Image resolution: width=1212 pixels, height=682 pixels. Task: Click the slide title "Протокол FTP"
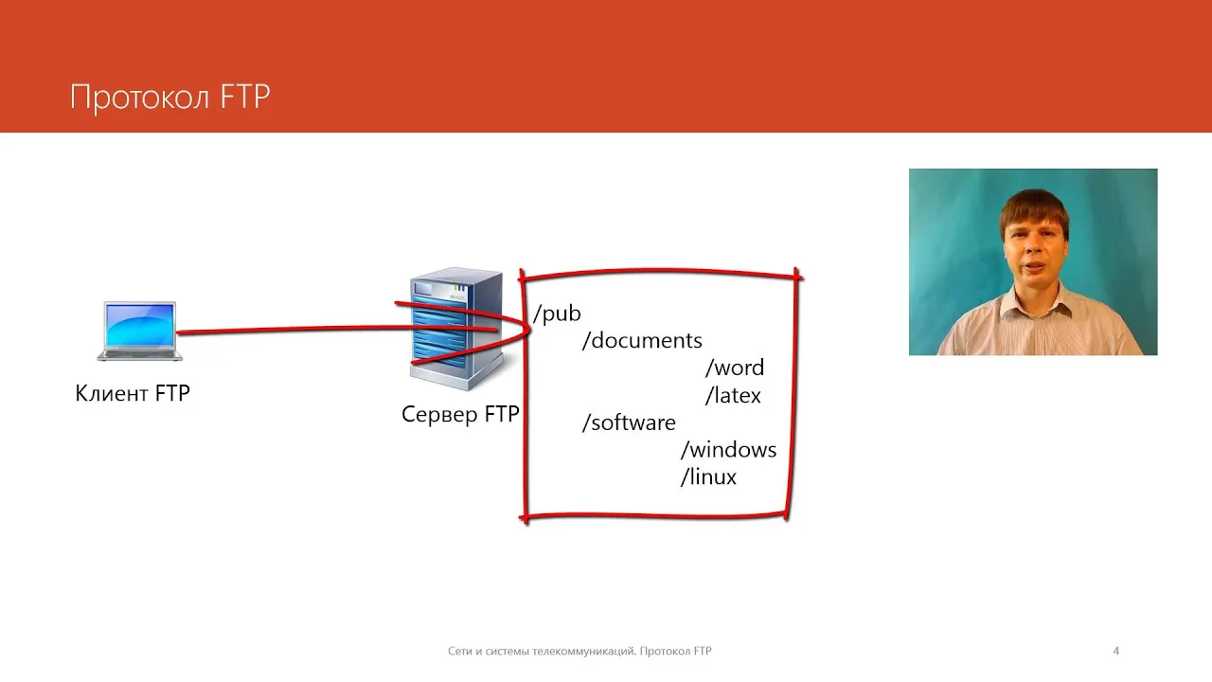click(170, 98)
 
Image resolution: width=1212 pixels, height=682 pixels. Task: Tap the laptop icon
click(140, 332)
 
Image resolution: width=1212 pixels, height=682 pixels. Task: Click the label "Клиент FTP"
click(133, 393)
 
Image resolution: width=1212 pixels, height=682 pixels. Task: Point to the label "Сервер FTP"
click(460, 415)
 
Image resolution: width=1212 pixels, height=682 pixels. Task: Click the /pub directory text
click(557, 314)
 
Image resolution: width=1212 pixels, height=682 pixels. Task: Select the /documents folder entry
click(642, 340)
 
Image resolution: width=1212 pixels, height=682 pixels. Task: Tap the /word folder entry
click(735, 368)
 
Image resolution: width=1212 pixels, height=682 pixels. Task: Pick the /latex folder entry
click(733, 395)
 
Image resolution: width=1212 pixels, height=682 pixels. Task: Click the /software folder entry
click(629, 422)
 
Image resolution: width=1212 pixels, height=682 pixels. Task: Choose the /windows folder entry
click(728, 450)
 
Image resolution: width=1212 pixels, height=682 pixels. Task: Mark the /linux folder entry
click(708, 477)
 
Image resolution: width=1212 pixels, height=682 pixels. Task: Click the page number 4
click(1116, 651)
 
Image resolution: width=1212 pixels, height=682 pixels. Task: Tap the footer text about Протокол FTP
click(579, 651)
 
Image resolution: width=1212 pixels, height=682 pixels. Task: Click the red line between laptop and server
click(294, 331)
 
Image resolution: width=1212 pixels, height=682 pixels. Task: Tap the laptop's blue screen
click(140, 325)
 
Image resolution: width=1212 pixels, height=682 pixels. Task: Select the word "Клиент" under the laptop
click(111, 393)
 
